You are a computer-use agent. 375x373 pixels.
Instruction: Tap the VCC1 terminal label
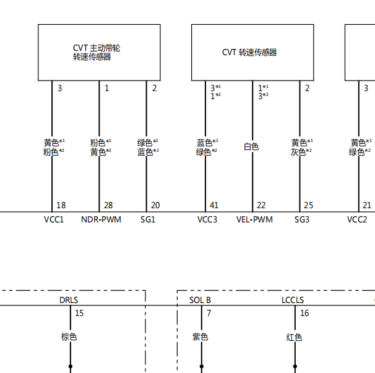coord(54,219)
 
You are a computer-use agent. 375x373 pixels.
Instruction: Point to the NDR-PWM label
coord(101,219)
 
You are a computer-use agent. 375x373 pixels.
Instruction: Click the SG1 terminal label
coord(148,219)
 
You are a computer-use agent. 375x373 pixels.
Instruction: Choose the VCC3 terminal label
coord(207,219)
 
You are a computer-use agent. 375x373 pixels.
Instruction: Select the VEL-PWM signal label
coord(254,219)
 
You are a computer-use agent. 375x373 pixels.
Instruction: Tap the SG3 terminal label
coord(302,219)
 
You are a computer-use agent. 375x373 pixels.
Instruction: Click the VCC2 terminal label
coord(357,219)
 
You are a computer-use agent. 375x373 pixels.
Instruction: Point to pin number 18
coord(61,205)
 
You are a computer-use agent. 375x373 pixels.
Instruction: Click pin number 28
coord(108,205)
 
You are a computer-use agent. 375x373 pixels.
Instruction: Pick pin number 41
coord(214,205)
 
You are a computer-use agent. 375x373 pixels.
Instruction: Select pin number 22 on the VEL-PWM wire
coord(261,205)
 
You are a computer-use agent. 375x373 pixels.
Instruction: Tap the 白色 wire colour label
coord(251,146)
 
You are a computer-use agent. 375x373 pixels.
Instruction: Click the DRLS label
coord(69,300)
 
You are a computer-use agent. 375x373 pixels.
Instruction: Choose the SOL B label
coord(200,300)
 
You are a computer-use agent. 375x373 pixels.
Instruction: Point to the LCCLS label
coord(293,300)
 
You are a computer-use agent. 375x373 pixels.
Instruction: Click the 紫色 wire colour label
coord(200,337)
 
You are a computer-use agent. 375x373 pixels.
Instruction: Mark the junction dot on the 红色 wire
coord(295,366)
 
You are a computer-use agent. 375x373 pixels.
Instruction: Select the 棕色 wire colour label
coord(69,337)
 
